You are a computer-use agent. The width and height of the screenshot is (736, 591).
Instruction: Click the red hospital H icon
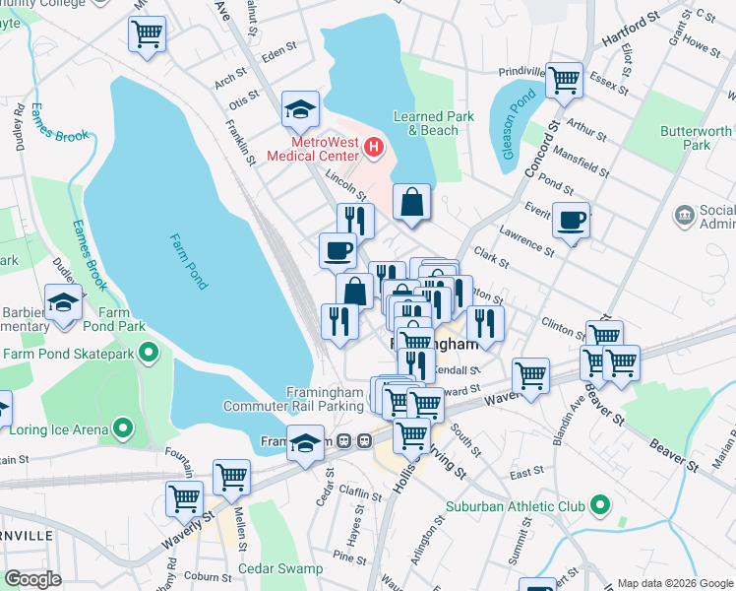[x=374, y=149]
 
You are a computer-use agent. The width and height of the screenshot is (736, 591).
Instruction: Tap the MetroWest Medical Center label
[x=314, y=150]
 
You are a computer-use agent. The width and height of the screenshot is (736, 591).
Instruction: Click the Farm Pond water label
[x=188, y=260]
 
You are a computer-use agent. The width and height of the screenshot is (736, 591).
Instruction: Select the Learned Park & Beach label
[x=433, y=123]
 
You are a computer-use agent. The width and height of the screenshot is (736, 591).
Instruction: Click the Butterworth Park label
[x=697, y=138]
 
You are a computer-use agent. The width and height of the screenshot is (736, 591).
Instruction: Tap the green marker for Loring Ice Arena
[x=123, y=428]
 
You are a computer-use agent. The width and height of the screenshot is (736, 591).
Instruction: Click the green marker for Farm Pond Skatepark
[x=149, y=352]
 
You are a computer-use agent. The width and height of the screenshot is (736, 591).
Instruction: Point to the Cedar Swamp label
[x=286, y=568]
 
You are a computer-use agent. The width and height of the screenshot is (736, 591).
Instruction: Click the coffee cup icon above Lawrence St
[x=570, y=220]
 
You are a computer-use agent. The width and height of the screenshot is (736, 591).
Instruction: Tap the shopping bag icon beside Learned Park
[x=412, y=202]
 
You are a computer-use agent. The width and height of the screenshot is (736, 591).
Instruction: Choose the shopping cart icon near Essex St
[x=565, y=81]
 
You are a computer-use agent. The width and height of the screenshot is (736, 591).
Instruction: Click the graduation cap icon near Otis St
[x=300, y=109]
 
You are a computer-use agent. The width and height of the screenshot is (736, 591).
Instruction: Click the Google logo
[x=31, y=579]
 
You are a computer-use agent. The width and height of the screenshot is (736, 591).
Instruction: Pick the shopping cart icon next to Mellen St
[x=232, y=477]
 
